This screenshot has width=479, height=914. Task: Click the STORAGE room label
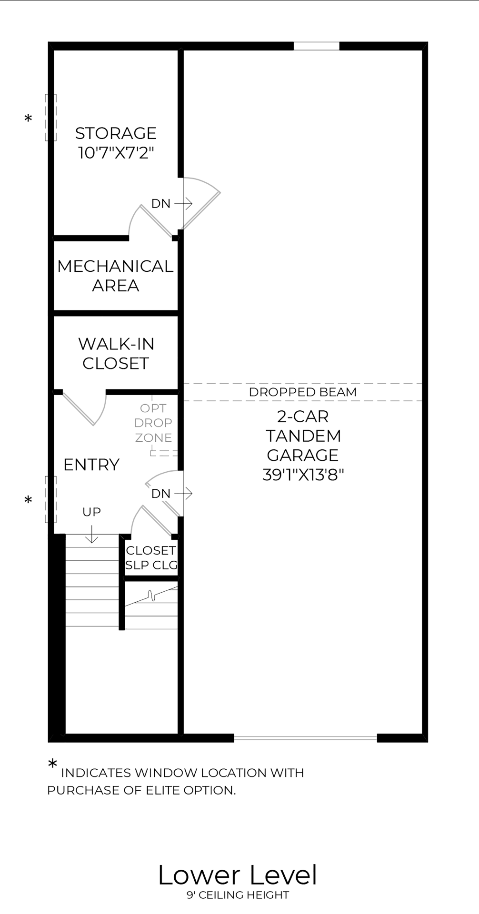(x=116, y=133)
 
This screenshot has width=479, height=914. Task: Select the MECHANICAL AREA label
(x=115, y=276)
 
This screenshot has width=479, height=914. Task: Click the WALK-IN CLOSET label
(x=116, y=353)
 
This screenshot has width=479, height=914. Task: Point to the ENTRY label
(x=91, y=465)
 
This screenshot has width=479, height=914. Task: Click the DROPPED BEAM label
(x=302, y=392)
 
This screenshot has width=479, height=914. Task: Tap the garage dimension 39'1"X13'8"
(x=303, y=475)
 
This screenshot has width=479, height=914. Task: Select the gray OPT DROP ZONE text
(x=153, y=423)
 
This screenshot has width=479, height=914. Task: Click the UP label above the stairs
(x=91, y=512)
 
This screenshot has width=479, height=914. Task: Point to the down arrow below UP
(x=91, y=534)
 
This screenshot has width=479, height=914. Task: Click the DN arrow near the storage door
(x=184, y=204)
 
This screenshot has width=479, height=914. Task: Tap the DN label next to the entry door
(x=161, y=494)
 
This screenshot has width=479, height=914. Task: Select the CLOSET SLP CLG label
(x=151, y=557)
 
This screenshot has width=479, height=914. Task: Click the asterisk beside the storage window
(x=29, y=119)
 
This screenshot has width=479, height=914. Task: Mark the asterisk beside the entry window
(x=29, y=500)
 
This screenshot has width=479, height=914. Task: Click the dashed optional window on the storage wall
(x=50, y=118)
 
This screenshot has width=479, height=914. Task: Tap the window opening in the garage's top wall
(x=316, y=46)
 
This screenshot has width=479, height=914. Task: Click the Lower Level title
(x=237, y=875)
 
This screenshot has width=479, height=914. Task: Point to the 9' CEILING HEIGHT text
(x=237, y=895)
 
